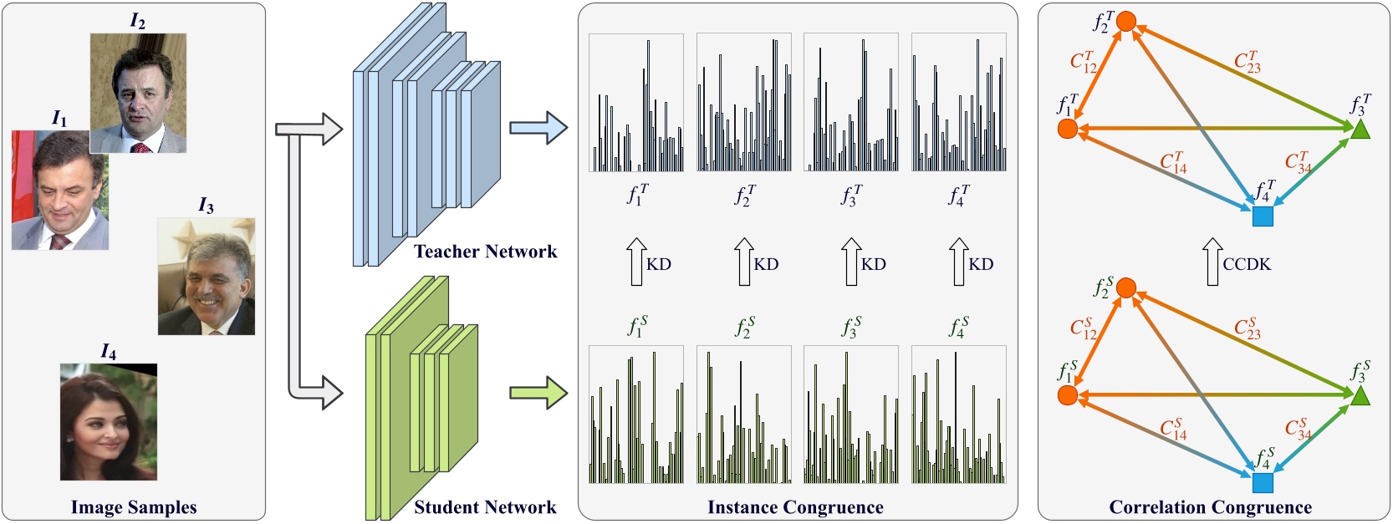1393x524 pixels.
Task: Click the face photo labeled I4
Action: tap(109, 422)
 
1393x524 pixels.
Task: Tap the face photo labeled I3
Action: tap(207, 277)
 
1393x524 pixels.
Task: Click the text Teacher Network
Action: tap(485, 252)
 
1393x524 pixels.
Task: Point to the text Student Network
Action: tap(485, 507)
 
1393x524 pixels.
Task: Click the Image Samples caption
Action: tap(134, 507)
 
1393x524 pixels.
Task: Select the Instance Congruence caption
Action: tap(795, 507)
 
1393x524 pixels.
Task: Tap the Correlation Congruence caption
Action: tap(1210, 507)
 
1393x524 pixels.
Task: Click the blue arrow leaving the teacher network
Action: tap(538, 129)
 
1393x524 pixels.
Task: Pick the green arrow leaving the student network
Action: tap(538, 393)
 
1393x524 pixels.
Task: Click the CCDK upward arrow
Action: tap(1212, 262)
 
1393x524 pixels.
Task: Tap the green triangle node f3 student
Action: tap(1360, 395)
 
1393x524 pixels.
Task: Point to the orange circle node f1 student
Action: tap(1067, 394)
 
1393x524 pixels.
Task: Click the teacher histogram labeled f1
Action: tap(636, 103)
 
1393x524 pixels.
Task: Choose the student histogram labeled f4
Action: tap(958, 415)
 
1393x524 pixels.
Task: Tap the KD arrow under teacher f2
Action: tap(743, 262)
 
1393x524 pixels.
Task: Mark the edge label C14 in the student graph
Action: tap(1173, 429)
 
